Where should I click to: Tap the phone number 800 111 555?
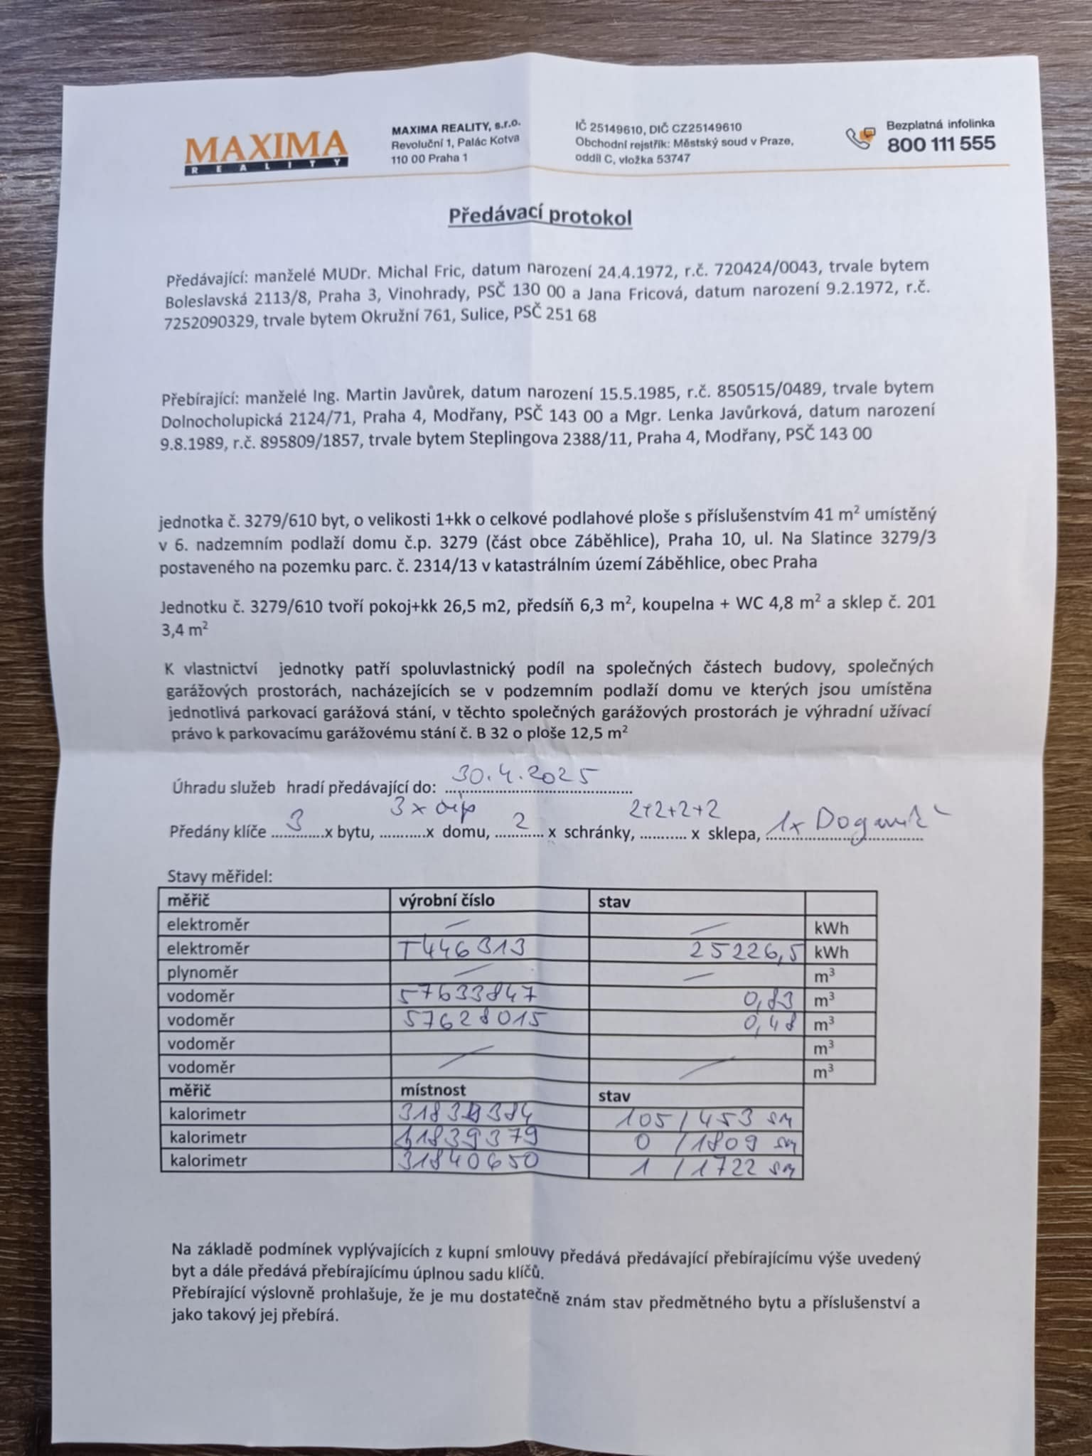941,144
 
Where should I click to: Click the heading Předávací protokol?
540,216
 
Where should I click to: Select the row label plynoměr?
203,973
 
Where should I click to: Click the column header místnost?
433,1090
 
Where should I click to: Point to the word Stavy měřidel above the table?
219,877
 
